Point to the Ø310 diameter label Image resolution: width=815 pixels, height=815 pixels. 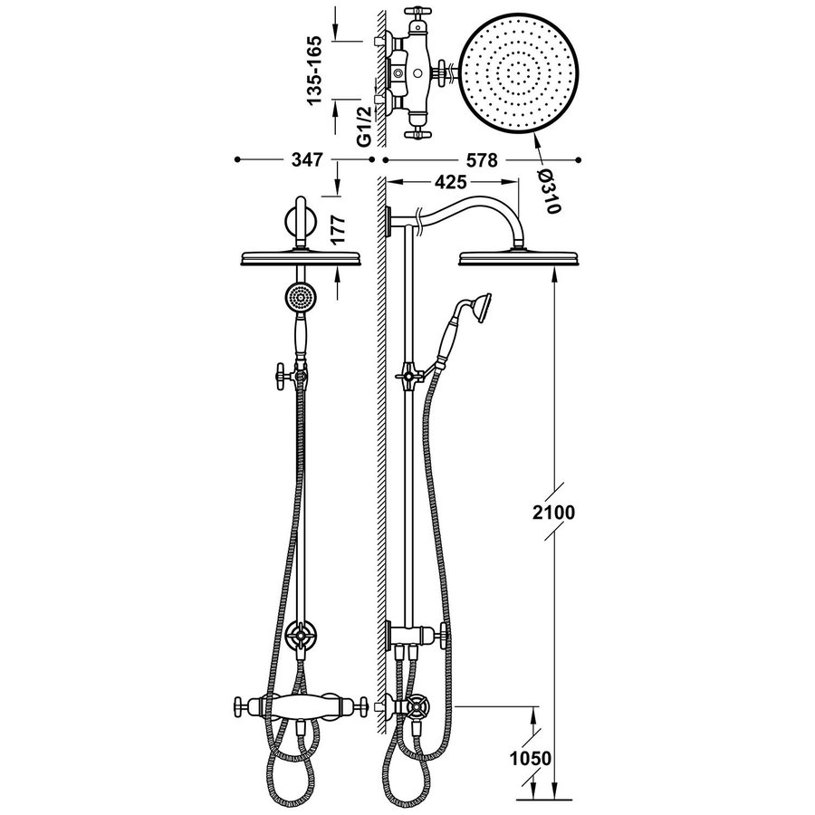click(x=546, y=191)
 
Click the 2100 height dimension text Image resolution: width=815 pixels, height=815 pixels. click(x=551, y=513)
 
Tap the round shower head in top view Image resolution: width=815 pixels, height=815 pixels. click(x=520, y=72)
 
